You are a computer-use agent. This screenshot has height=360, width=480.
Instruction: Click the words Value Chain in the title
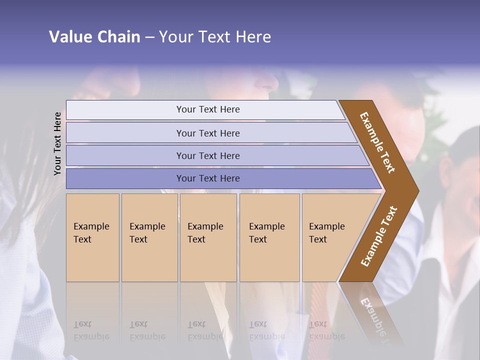tap(94, 37)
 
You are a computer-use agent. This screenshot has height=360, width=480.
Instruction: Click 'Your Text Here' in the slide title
tap(215, 37)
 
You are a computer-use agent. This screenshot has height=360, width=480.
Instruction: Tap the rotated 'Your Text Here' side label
tap(57, 144)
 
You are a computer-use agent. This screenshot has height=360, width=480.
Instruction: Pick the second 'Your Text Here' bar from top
tap(208, 133)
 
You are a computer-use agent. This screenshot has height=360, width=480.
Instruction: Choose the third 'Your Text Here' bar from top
tap(208, 155)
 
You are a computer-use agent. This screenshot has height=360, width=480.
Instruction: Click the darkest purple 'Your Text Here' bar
tap(208, 178)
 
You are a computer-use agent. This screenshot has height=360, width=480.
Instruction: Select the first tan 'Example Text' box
tap(92, 237)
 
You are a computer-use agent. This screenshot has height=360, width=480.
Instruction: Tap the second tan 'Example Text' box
tap(149, 237)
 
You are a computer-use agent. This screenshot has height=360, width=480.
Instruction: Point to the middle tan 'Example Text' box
tap(208, 237)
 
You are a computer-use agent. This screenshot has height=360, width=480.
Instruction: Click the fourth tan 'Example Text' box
tap(269, 237)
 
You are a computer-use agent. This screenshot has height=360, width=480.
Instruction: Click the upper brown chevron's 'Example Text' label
tap(377, 142)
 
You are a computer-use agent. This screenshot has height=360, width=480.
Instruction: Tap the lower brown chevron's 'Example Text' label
tap(379, 236)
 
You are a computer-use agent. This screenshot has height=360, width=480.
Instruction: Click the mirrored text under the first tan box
tap(91, 330)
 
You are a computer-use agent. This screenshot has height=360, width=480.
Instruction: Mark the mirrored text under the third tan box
tap(205, 330)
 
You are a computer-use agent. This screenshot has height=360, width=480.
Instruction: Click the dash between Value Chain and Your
tap(149, 37)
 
